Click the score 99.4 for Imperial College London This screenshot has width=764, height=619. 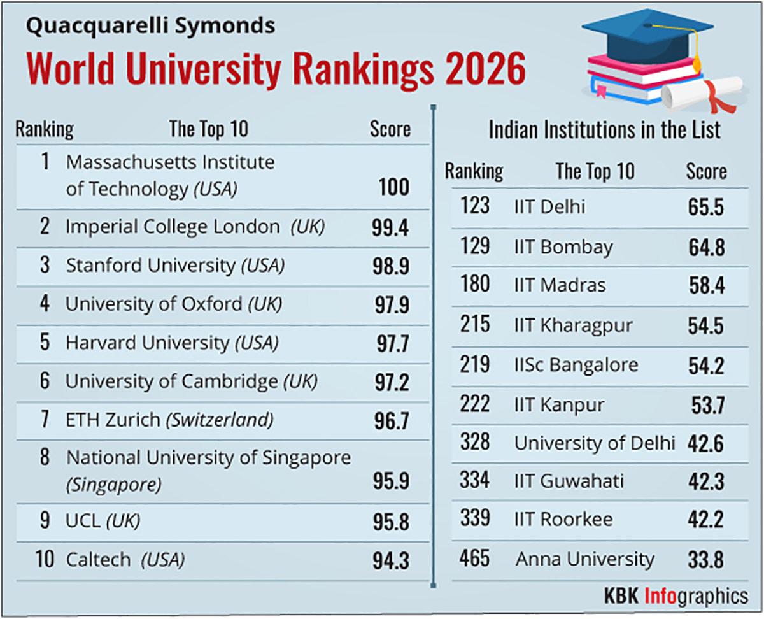(x=390, y=228)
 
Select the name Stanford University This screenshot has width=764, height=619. (x=150, y=266)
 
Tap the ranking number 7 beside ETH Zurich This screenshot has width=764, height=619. (x=45, y=420)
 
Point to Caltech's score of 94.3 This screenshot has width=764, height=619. (x=390, y=561)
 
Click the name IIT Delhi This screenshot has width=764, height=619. (x=549, y=207)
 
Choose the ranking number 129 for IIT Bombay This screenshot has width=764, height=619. (x=475, y=246)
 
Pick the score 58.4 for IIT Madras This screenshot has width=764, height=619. (x=705, y=286)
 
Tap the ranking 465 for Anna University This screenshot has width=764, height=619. (x=475, y=559)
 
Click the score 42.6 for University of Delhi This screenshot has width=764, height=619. (x=705, y=443)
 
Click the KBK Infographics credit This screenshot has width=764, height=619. (x=676, y=597)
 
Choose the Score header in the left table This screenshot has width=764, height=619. (x=390, y=129)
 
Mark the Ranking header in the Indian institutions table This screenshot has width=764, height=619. (x=474, y=171)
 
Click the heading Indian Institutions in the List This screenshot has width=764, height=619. (x=604, y=130)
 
